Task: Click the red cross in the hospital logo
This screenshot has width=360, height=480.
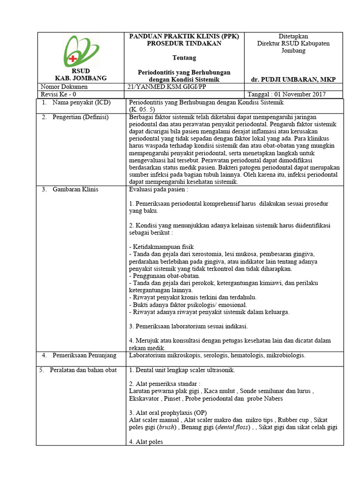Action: point(73,58)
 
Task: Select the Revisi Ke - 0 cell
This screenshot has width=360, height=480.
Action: point(55,94)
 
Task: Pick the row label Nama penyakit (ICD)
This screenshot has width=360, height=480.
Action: point(80,102)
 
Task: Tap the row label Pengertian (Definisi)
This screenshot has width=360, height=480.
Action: point(80,117)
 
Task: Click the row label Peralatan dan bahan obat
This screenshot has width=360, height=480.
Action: point(84,370)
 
